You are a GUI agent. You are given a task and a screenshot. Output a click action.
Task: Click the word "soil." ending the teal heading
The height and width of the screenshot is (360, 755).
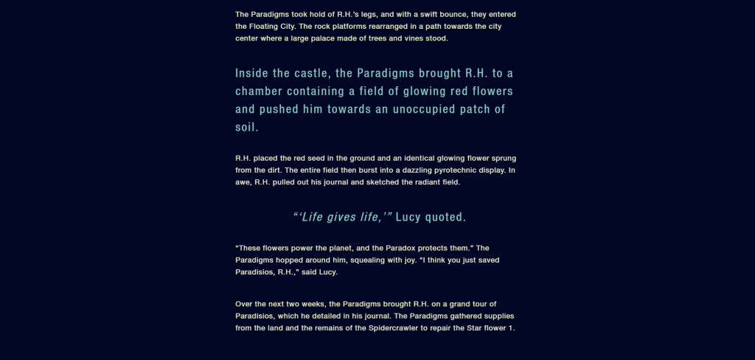[247, 128]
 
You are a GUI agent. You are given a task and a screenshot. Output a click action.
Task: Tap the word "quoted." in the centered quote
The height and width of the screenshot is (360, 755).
[445, 217]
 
